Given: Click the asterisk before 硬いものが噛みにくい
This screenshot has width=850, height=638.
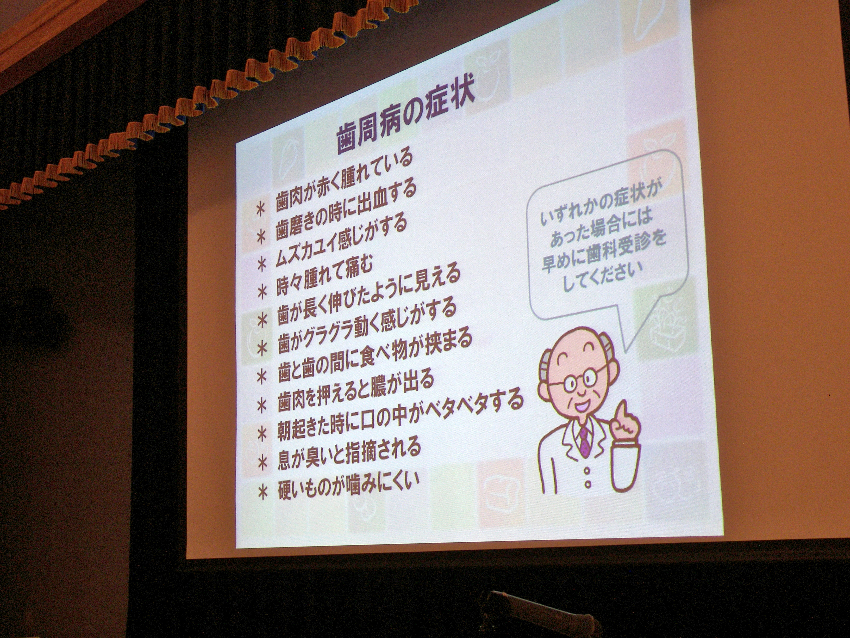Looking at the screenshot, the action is [263, 493].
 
